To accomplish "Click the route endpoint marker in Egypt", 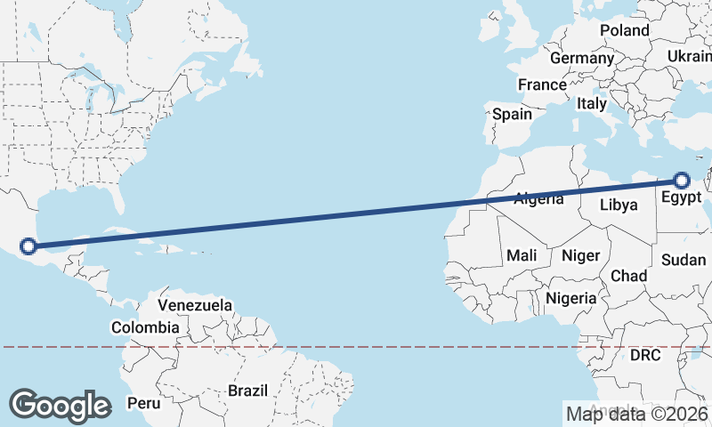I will (x=683, y=181).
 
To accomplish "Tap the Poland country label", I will (x=624, y=30).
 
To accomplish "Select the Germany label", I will (x=582, y=58).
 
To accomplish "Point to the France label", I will (x=542, y=85).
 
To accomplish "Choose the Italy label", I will (x=591, y=103).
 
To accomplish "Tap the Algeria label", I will (x=539, y=198).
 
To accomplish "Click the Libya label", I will (x=619, y=205).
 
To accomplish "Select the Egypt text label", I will (x=682, y=197).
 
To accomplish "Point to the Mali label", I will (x=522, y=255).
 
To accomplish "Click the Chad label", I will (x=628, y=276).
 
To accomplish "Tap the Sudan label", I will (x=684, y=260).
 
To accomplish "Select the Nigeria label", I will (x=570, y=298).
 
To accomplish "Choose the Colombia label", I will (x=145, y=327).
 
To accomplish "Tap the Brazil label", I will (x=247, y=391).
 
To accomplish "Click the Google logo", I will (x=60, y=405).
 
